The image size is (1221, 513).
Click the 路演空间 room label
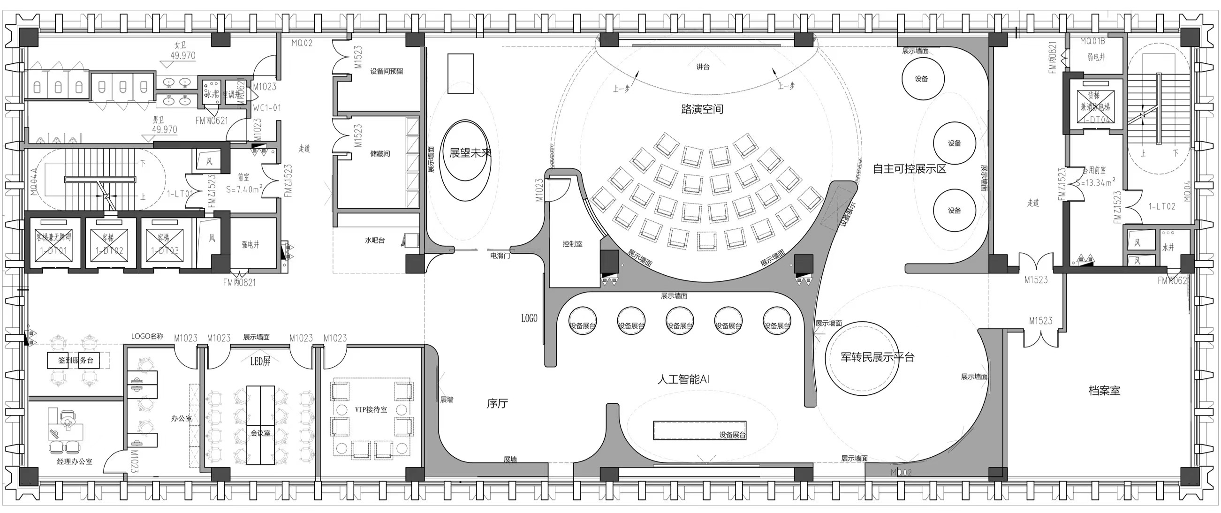coord(702,109)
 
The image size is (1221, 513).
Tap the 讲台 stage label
coord(703,67)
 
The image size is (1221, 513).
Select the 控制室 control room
coord(572,244)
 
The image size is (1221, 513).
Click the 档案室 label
coord(1104,391)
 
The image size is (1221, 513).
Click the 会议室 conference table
coord(260,425)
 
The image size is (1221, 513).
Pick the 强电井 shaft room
coord(250,245)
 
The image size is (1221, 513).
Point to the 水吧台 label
coord(374,241)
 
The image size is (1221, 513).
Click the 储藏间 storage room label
coord(379,154)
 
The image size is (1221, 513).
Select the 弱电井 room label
coord(1096,57)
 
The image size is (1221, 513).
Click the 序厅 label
coord(497,404)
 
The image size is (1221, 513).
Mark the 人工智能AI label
coord(683,379)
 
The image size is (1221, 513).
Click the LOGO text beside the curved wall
coord(529,318)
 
